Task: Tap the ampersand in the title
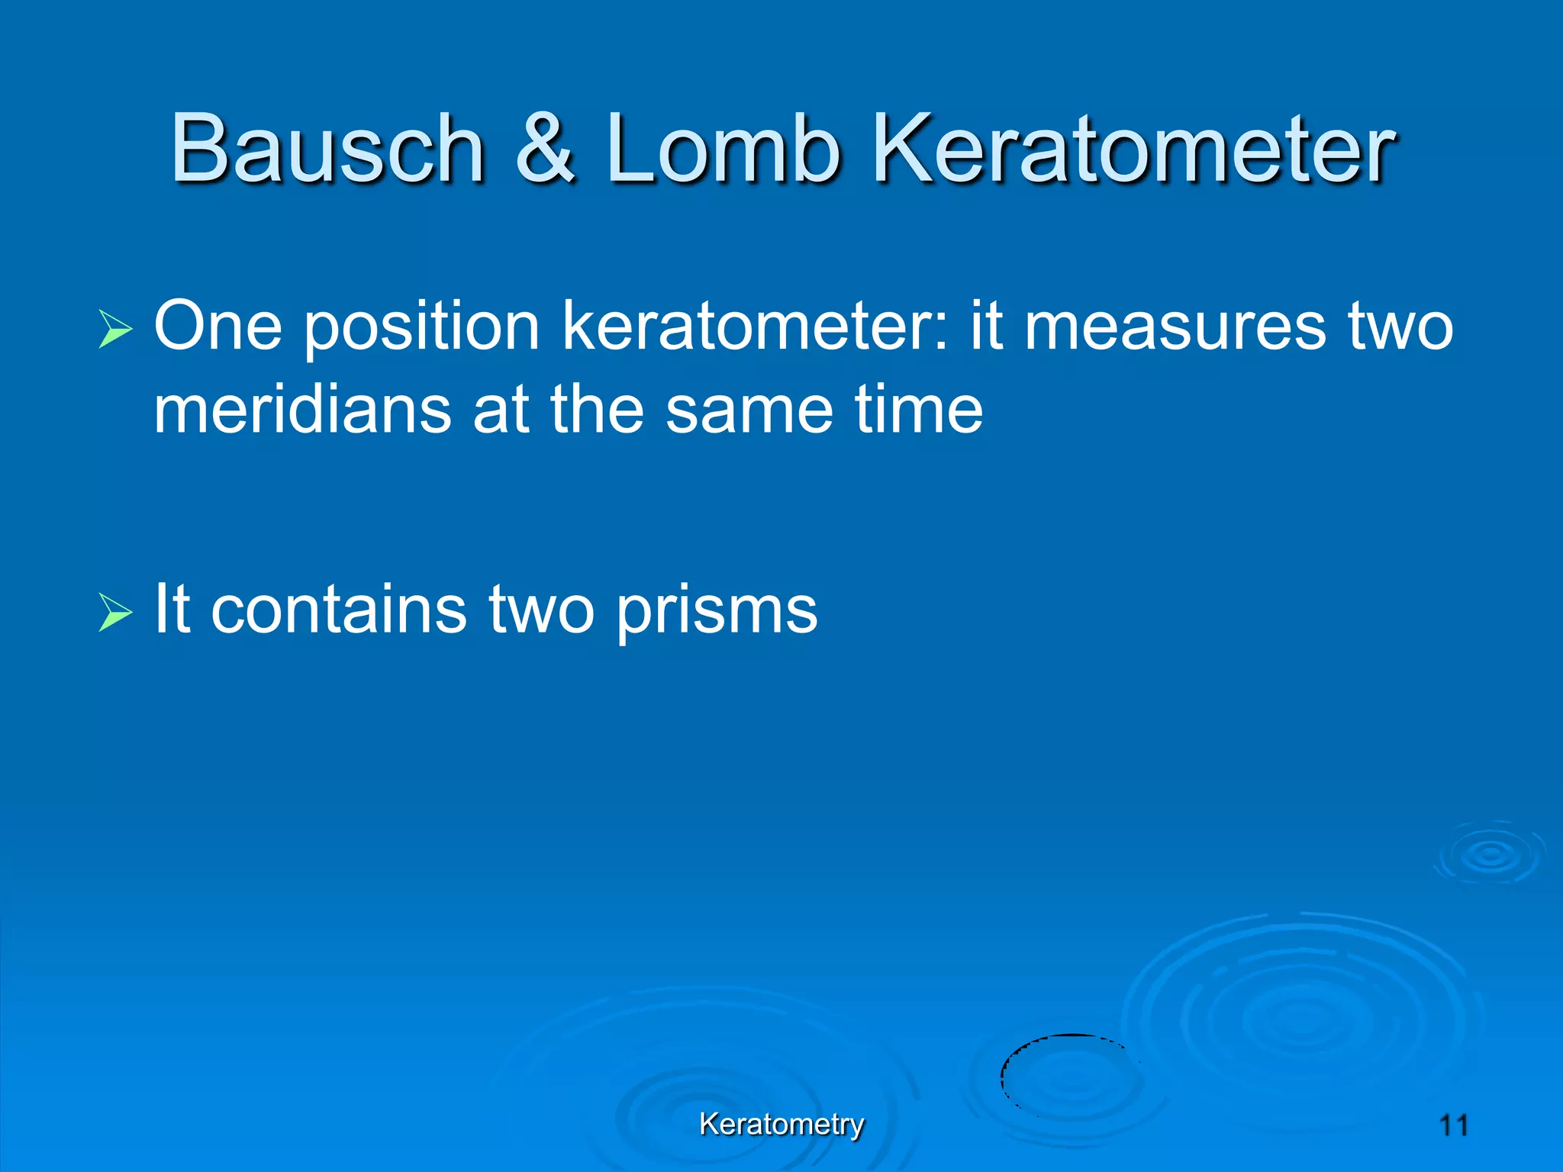click(544, 149)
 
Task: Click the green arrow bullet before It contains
click(115, 613)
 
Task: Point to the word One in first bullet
click(218, 327)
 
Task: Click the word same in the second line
click(749, 411)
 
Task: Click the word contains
click(338, 610)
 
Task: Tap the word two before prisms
click(541, 610)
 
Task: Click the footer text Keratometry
click(781, 1124)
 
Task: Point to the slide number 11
click(1453, 1125)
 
